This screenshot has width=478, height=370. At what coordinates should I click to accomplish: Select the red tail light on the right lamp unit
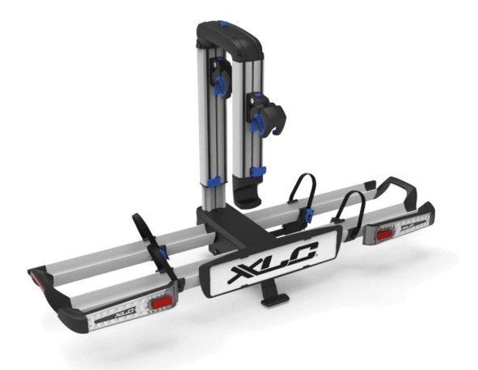click(385, 236)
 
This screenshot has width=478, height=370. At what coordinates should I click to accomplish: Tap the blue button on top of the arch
click(224, 23)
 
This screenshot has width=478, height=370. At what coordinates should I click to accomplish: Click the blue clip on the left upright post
click(215, 181)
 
